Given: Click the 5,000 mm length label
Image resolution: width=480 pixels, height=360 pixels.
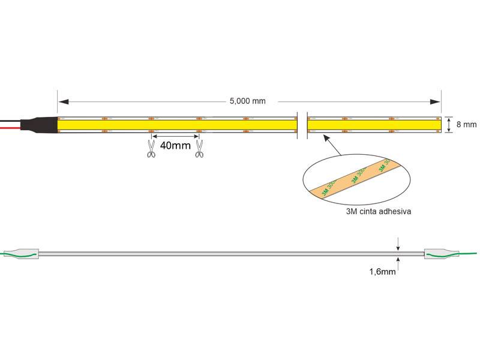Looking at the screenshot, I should [x=247, y=101].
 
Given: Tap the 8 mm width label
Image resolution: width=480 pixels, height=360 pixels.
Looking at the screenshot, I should [x=466, y=125].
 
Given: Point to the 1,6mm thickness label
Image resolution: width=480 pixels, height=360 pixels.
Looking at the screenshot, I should [x=382, y=272].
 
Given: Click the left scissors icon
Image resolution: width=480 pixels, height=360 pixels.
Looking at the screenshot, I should [x=151, y=148].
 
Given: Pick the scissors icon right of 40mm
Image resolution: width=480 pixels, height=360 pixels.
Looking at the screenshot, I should [x=199, y=148].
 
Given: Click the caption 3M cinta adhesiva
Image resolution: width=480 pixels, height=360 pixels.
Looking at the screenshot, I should [x=378, y=212].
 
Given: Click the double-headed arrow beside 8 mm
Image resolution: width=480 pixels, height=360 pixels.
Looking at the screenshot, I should [x=449, y=125].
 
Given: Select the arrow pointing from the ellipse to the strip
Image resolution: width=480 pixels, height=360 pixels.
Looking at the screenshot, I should [x=333, y=145].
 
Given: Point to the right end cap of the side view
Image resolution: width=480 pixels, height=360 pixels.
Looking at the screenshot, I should [x=436, y=254].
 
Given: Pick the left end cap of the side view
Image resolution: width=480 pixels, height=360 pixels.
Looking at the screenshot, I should [x=29, y=254].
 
